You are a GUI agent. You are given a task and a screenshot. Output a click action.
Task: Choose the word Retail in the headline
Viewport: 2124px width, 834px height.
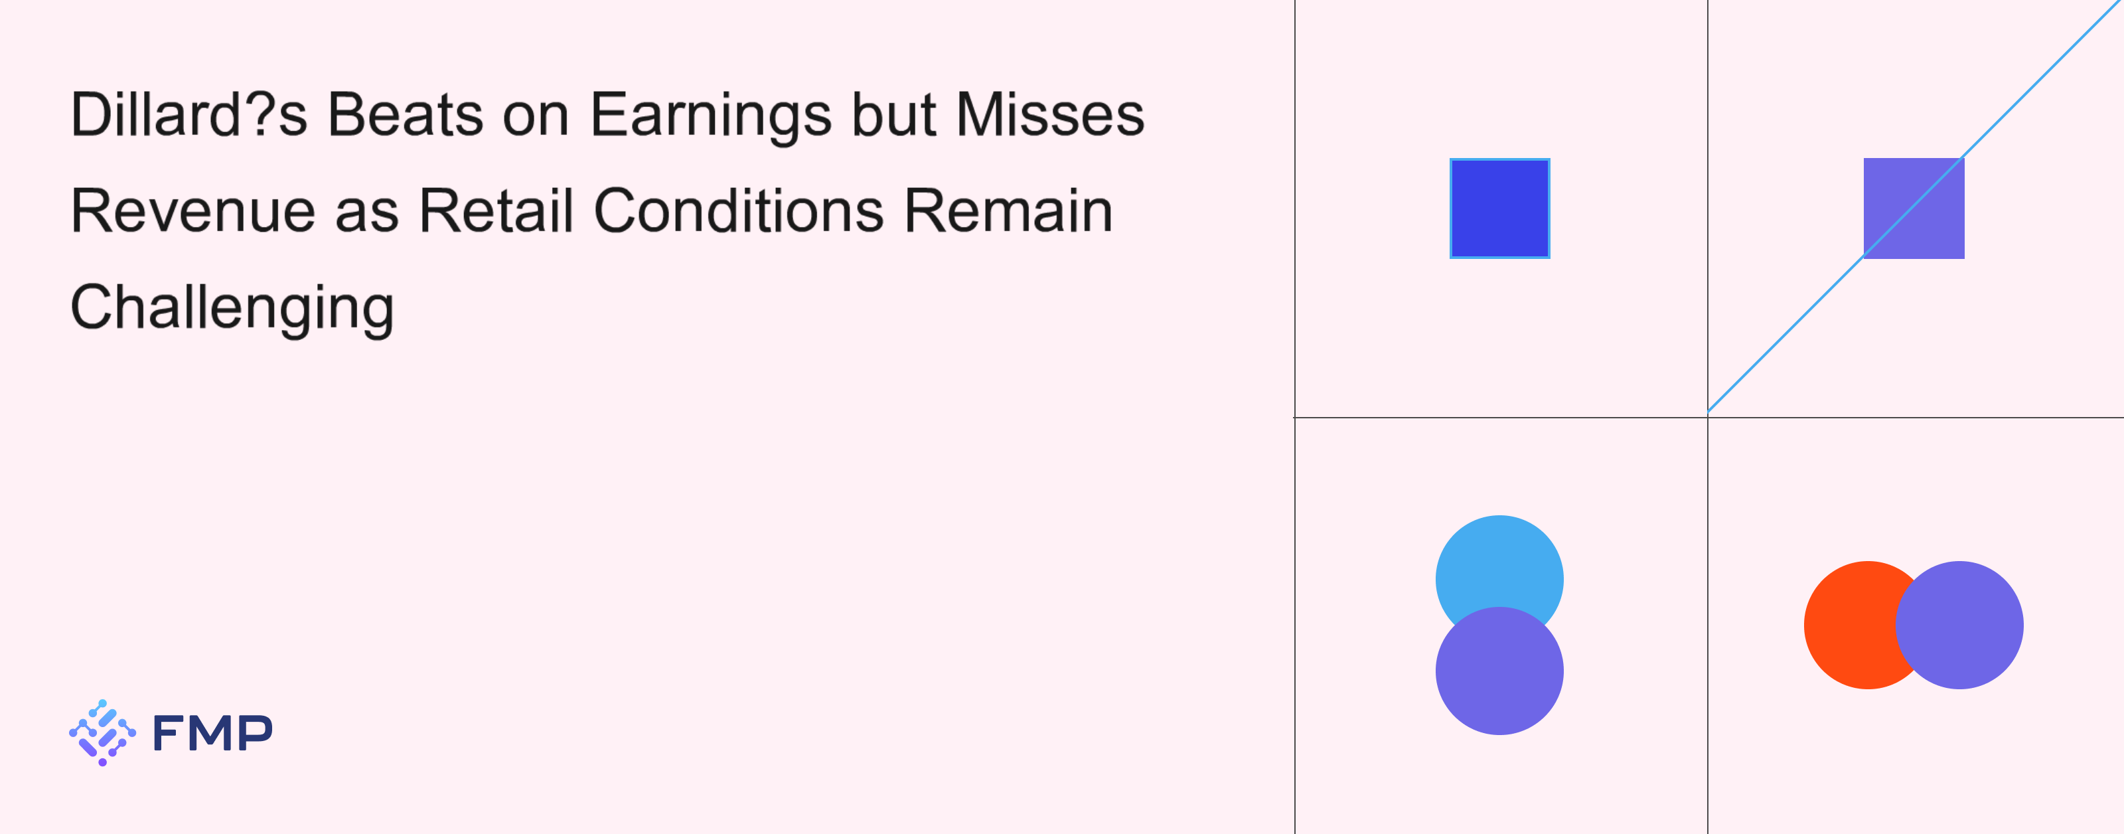496,210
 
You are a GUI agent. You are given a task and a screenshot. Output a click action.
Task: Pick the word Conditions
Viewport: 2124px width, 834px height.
739,210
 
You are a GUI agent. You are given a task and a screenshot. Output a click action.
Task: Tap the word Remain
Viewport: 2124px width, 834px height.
1008,210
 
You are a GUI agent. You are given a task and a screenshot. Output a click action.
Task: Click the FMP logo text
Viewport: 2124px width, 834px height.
212,732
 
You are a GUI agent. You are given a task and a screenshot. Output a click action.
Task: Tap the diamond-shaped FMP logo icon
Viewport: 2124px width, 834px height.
102,732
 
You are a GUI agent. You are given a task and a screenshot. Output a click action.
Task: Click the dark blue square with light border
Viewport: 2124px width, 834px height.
1500,208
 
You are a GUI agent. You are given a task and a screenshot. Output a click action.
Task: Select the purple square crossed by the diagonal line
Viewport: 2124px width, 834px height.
1914,208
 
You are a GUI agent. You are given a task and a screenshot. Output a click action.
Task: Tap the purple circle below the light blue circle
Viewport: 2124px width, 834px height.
1500,671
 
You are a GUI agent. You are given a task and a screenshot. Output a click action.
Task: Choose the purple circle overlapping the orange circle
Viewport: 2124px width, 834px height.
1959,625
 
